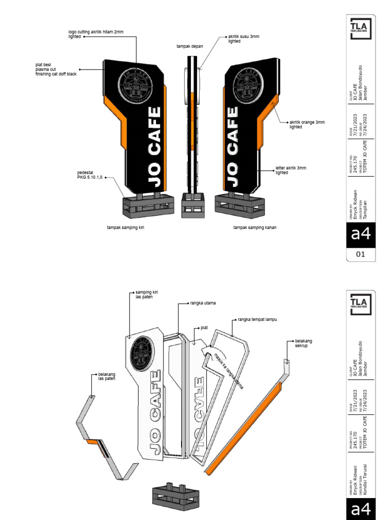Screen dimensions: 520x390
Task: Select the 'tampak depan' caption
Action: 189,46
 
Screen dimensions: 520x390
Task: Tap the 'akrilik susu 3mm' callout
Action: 243,39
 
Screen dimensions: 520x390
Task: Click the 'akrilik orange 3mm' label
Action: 307,124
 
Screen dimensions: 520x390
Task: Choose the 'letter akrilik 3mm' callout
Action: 291,170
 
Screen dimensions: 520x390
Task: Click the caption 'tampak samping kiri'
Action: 125,227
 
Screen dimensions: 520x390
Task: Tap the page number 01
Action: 361,254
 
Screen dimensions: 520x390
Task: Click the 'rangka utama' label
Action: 203,303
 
